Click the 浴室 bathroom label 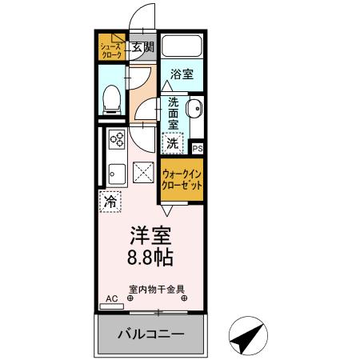pyautogui.click(x=182, y=74)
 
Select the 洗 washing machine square pyautogui.click(x=173, y=144)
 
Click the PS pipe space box pyautogui.click(x=198, y=148)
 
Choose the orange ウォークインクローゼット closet pyautogui.click(x=182, y=178)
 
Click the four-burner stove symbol pyautogui.click(x=117, y=141)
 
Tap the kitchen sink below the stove pyautogui.click(x=114, y=172)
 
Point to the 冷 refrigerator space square pyautogui.click(x=110, y=202)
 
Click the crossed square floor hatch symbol pyautogui.click(x=144, y=171)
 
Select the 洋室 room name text pyautogui.click(x=150, y=237)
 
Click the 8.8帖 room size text pyautogui.click(x=150, y=258)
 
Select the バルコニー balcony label pyautogui.click(x=152, y=334)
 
